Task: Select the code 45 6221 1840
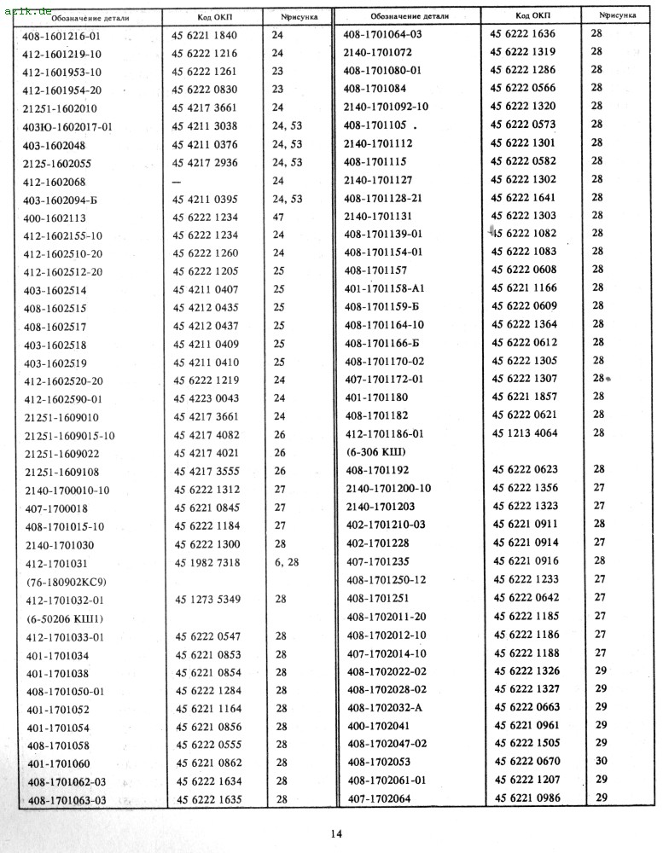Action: pos(207,35)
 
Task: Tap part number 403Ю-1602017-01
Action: pos(67,126)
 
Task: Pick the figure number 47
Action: pos(278,218)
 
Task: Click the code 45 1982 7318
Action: pos(208,563)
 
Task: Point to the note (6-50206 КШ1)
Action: pos(65,618)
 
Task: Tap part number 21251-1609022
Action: pos(61,454)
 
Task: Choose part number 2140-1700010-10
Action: pos(67,490)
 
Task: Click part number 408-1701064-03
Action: pos(382,34)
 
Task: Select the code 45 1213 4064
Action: pos(524,432)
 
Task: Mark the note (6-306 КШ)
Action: pos(375,451)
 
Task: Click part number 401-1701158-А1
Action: pos(383,287)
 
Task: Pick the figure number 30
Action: pos(601,761)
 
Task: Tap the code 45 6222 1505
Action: pos(526,742)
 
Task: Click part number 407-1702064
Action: pos(379,798)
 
